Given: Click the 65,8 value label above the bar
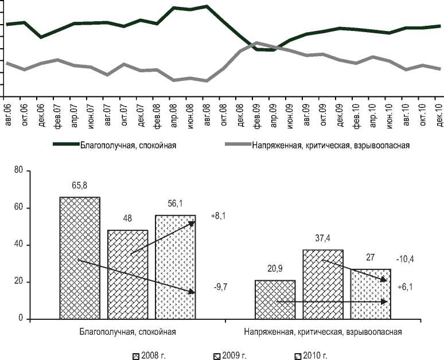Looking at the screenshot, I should coord(80,186).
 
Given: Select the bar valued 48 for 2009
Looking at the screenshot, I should coord(127,274).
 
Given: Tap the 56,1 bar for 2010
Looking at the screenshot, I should coord(175,267).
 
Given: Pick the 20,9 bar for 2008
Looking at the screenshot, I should coord(275,299).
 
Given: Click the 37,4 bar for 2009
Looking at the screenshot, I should coord(323,284).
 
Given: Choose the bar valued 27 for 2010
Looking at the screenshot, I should coord(371,294).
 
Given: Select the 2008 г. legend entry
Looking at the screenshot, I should coord(150,356).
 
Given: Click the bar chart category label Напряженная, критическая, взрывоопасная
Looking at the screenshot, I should coord(323,331).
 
